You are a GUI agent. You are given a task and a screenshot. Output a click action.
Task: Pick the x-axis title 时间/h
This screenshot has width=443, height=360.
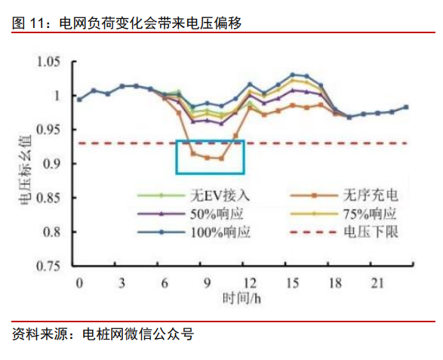(x=240, y=300)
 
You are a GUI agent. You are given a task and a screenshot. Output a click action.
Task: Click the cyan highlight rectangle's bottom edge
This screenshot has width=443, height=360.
(x=211, y=174)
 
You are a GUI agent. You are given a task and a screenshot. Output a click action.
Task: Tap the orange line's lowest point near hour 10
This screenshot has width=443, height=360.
(x=221, y=158)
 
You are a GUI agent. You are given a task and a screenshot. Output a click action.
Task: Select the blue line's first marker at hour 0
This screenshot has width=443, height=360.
(x=79, y=99)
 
